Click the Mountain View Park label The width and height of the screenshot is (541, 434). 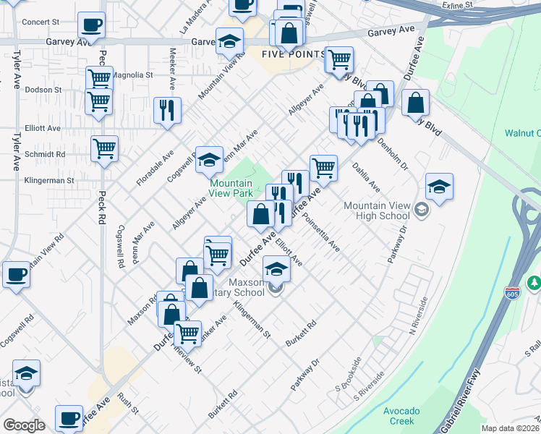[231, 189]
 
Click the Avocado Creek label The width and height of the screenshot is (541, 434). [399, 415]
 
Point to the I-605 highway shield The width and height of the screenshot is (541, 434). [512, 292]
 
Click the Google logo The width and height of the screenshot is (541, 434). [24, 425]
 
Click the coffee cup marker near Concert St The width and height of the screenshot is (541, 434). [91, 25]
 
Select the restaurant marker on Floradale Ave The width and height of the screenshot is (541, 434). [168, 111]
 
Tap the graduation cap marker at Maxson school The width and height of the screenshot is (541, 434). [276, 271]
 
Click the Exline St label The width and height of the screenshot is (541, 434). [458, 4]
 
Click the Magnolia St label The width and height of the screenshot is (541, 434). [135, 75]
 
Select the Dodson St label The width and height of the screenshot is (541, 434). [43, 90]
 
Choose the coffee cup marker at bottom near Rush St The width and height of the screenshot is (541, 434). [70, 418]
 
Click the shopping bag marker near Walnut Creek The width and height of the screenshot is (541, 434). [416, 103]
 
